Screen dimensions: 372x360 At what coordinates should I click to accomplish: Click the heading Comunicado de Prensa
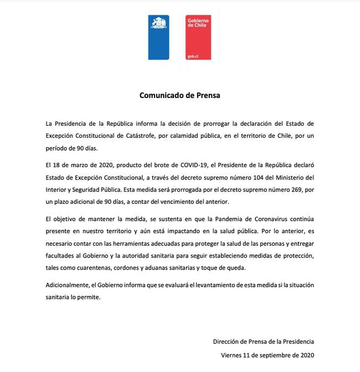tap(179, 95)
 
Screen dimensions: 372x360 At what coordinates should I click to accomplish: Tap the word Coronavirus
tap(251, 220)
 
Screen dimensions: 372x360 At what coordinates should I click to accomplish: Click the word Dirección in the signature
tap(227, 342)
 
